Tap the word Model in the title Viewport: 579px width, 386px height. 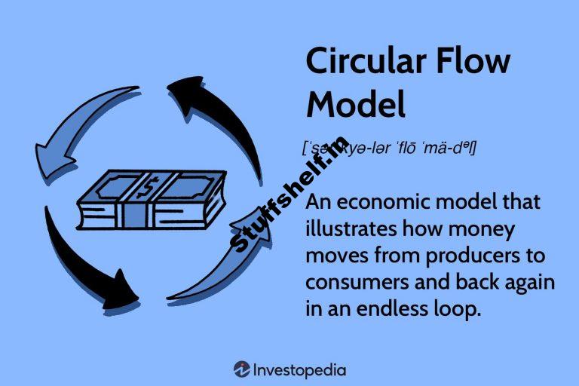pyautogui.click(x=356, y=103)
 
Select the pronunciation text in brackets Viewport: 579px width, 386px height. pyautogui.click(x=388, y=148)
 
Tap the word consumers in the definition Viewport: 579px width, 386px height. pyautogui.click(x=354, y=283)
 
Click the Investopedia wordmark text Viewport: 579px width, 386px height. pyautogui.click(x=300, y=369)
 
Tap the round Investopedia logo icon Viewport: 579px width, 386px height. pyautogui.click(x=242, y=369)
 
